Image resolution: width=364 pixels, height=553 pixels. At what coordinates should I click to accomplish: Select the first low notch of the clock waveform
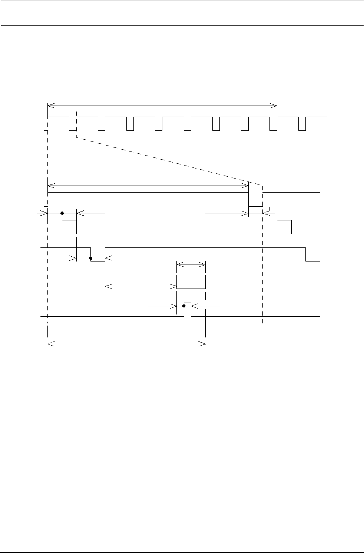tap(73, 130)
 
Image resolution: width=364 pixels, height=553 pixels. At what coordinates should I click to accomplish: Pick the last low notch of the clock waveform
tap(302, 130)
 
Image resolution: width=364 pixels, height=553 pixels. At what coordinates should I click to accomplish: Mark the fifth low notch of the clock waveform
tap(188, 130)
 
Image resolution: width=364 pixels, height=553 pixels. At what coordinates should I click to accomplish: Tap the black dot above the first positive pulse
tap(62, 213)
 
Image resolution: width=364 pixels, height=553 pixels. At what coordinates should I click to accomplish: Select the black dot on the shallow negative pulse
tap(91, 258)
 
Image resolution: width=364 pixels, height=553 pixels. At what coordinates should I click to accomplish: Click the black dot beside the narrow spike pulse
tap(184, 306)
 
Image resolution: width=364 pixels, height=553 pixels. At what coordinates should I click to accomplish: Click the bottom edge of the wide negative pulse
tap(191, 289)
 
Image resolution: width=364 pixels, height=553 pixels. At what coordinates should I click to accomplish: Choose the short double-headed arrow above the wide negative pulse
tap(191, 264)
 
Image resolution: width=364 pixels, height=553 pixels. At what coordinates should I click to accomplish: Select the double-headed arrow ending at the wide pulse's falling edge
tap(141, 286)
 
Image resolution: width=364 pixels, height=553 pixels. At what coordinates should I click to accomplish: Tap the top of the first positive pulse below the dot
tap(69, 220)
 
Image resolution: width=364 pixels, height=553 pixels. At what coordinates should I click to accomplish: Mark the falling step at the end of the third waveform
tap(306, 254)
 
